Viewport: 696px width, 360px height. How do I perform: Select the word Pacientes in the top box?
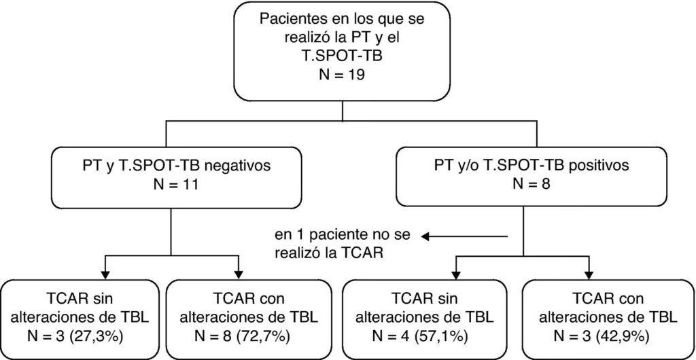[288, 19]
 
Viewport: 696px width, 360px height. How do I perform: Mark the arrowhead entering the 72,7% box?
[239, 270]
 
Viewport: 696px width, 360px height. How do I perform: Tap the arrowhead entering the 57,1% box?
[456, 270]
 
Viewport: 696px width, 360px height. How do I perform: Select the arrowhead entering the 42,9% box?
[588, 270]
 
